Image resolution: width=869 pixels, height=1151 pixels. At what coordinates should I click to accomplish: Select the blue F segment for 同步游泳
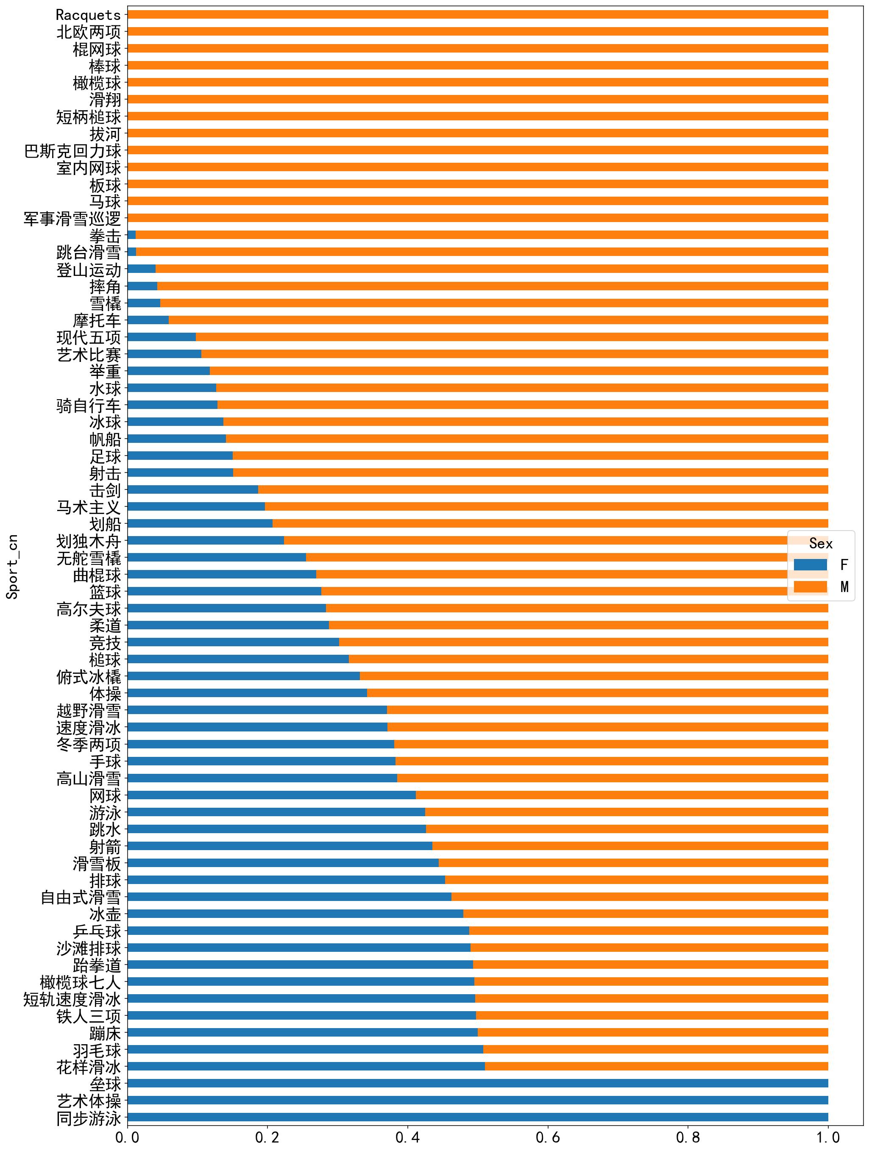(477, 1117)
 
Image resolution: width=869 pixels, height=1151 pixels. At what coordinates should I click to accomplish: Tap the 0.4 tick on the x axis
(407, 1137)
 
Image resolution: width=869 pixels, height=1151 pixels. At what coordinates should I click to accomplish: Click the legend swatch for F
(810, 564)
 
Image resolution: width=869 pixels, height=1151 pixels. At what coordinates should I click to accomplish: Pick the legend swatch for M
(810, 587)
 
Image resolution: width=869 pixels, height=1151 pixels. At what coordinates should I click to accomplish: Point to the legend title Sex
(821, 544)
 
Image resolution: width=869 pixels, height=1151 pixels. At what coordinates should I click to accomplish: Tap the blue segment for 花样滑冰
(306, 1066)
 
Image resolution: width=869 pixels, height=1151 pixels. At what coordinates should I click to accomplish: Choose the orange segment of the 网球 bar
(622, 795)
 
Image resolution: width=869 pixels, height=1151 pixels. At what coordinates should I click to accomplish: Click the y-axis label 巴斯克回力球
(72, 151)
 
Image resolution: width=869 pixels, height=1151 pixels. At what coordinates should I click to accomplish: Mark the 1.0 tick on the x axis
(828, 1137)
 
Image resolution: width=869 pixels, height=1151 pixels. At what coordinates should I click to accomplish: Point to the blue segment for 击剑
(192, 489)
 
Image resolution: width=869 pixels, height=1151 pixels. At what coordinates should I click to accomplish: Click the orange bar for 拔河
(477, 133)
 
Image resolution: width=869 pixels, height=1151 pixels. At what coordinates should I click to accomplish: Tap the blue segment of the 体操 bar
(247, 693)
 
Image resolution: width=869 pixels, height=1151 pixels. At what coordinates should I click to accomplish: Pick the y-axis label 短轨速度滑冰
(72, 999)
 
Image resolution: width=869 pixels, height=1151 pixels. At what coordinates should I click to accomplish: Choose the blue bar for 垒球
(477, 1083)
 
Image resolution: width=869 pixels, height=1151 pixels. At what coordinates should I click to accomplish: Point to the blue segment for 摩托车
(148, 320)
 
